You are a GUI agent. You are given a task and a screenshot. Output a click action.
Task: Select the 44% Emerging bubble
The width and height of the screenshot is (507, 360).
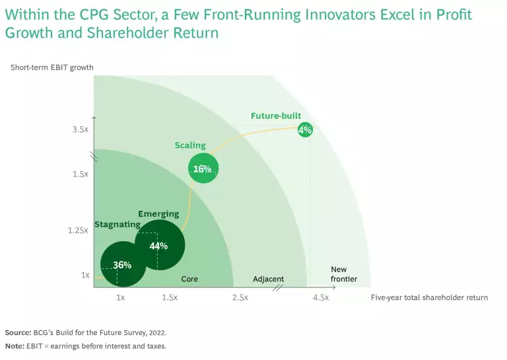(159, 245)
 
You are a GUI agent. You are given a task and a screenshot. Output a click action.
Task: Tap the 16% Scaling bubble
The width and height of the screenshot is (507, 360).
(203, 169)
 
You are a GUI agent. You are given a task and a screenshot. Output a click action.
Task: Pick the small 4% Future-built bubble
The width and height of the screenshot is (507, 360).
(304, 130)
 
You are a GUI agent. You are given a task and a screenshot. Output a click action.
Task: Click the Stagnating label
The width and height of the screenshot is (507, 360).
(117, 225)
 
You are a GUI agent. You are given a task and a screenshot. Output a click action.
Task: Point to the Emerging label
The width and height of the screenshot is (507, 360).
(158, 214)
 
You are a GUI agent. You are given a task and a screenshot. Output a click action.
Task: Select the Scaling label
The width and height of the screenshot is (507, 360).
(190, 145)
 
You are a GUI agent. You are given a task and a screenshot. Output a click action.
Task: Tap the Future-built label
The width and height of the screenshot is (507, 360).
(276, 116)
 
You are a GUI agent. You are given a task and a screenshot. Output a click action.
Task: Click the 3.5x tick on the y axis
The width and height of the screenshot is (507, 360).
(81, 130)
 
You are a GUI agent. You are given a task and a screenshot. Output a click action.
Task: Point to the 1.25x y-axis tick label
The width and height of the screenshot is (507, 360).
(78, 231)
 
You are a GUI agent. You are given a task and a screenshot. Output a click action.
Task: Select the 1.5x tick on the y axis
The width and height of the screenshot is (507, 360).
(81, 174)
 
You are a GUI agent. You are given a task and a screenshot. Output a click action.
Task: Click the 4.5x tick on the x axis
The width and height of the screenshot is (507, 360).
(320, 298)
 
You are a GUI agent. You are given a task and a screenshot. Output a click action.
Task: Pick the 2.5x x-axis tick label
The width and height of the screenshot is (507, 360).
(240, 298)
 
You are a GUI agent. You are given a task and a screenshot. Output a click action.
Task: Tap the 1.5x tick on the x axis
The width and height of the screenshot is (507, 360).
(169, 298)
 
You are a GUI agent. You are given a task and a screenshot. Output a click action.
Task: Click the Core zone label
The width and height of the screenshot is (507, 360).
(189, 279)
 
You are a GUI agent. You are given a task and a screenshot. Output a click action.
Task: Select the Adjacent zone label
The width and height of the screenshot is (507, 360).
(268, 279)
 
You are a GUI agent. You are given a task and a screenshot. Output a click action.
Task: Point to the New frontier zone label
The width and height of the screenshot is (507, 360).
(343, 274)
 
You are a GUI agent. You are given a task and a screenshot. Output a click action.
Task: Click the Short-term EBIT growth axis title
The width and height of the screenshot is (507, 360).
(52, 67)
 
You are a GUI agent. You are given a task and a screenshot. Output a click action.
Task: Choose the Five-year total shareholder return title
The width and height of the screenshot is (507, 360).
(429, 298)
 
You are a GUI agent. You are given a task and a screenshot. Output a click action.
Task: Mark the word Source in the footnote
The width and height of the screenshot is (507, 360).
(18, 332)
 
